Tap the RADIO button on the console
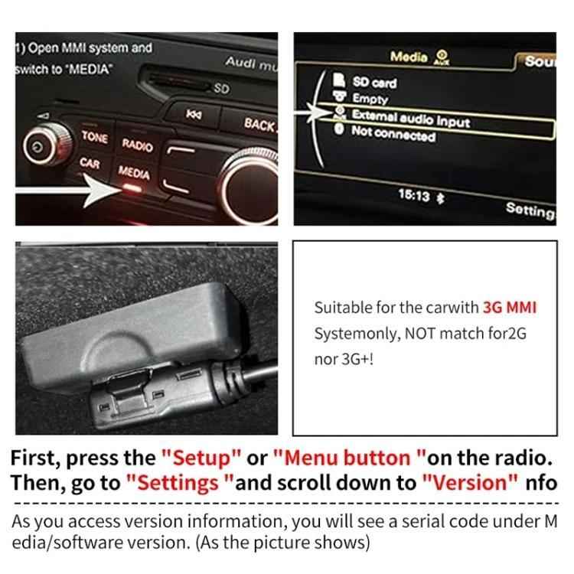(137, 145)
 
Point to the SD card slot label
(221, 88)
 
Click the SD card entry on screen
(374, 82)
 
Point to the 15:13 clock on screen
(413, 195)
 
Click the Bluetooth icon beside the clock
(439, 197)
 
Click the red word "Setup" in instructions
(201, 458)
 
